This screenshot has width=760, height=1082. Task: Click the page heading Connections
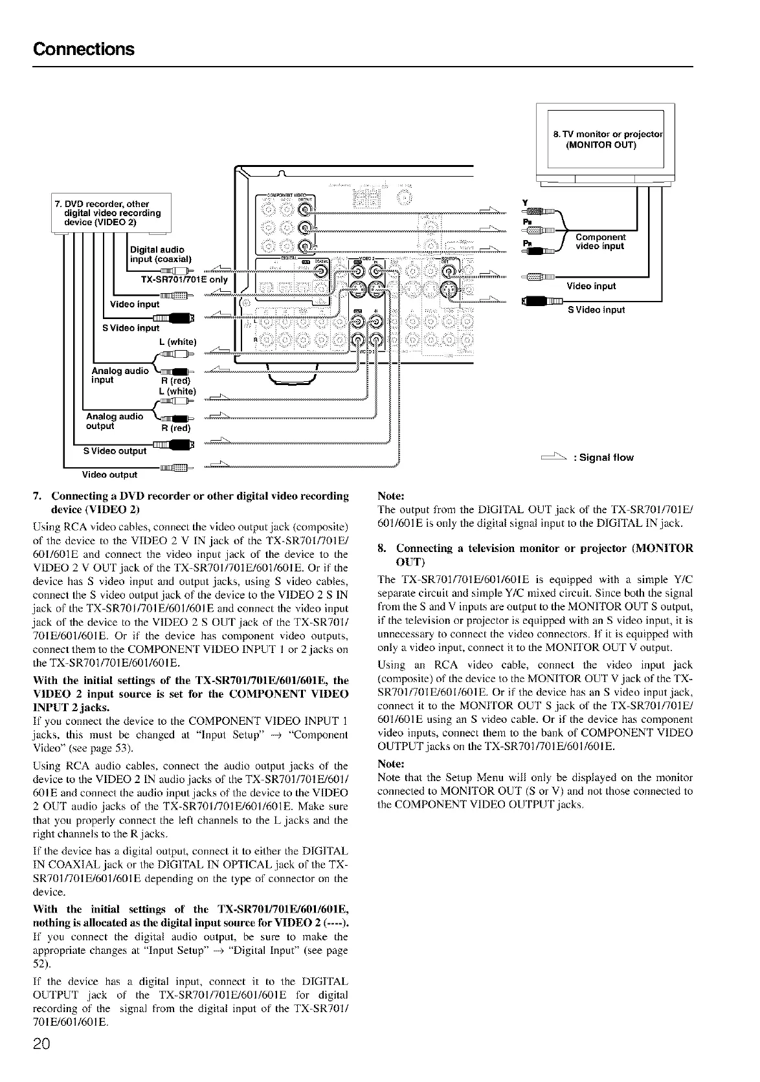click(84, 50)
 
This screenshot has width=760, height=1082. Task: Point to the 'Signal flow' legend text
click(603, 458)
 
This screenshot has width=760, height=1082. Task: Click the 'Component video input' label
click(600, 241)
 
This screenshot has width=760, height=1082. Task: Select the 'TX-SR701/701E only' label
click(184, 280)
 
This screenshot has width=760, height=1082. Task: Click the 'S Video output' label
click(115, 450)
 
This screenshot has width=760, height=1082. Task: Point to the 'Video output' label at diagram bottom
click(109, 475)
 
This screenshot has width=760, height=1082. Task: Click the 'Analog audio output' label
click(115, 421)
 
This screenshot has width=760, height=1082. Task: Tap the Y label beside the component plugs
click(525, 202)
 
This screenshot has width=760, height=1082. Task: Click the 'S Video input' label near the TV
click(596, 310)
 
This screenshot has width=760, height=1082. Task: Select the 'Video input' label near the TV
click(591, 286)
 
